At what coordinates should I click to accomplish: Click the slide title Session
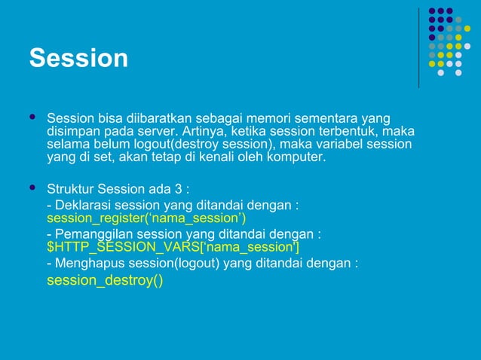pos(78,58)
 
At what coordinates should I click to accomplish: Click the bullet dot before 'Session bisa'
pos(32,118)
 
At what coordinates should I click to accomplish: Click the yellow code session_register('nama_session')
pos(146,218)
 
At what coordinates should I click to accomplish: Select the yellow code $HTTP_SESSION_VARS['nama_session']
pos(173,247)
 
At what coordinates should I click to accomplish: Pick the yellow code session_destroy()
pos(104,281)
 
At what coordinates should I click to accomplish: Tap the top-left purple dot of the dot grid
pos(432,11)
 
